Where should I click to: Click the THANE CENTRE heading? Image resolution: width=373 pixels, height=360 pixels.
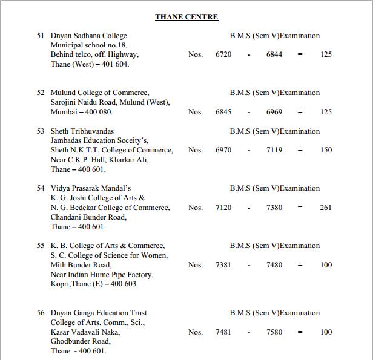click(187, 17)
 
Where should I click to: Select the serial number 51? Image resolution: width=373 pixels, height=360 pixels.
click(41, 36)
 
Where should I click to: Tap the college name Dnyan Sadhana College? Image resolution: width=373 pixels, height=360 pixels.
click(88, 36)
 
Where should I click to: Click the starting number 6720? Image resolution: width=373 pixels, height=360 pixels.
click(223, 54)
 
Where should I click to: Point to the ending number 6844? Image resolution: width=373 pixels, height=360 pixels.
click(274, 54)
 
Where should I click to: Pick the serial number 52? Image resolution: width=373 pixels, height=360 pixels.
click(41, 93)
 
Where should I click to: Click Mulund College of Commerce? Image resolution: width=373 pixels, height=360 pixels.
click(100, 93)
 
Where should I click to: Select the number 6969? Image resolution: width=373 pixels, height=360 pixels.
click(274, 112)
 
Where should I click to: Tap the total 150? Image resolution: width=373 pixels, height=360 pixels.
click(326, 150)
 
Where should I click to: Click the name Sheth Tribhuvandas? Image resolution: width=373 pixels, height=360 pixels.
click(82, 131)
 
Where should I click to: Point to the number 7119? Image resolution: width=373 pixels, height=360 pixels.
click(274, 150)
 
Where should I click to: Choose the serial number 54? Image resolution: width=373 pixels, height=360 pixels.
click(41, 188)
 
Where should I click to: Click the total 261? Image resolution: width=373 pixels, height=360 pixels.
click(326, 208)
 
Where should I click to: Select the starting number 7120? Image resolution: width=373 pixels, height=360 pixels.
click(223, 208)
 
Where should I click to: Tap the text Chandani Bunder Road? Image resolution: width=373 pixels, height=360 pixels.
click(88, 217)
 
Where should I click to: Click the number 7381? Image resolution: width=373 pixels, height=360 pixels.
click(223, 265)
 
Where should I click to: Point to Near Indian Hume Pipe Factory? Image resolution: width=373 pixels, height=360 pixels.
click(102, 275)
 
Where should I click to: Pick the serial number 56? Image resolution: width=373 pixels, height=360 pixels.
click(41, 313)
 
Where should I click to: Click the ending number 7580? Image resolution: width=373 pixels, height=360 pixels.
click(274, 332)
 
